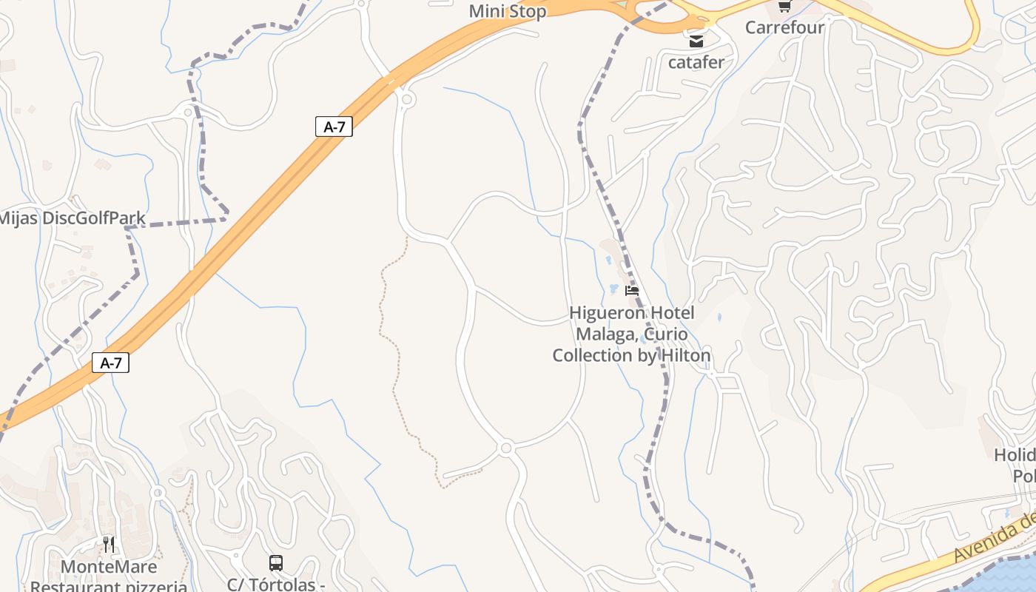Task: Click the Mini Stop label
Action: pyautogui.click(x=508, y=11)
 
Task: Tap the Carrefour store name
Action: pyautogui.click(x=784, y=27)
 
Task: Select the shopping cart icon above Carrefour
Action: pyautogui.click(x=784, y=7)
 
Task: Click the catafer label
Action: pyautogui.click(x=696, y=62)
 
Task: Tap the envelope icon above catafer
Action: pyautogui.click(x=696, y=41)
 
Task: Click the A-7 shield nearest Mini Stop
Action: pyautogui.click(x=334, y=127)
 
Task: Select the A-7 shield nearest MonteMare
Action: pyautogui.click(x=110, y=363)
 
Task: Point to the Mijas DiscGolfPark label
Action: pyautogui.click(x=72, y=218)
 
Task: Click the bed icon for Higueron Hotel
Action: pyautogui.click(x=632, y=291)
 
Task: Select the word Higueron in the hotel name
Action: pyautogui.click(x=601, y=313)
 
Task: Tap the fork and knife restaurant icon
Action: pyautogui.click(x=109, y=545)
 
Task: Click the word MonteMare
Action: pyautogui.click(x=109, y=567)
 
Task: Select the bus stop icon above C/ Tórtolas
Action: pyautogui.click(x=276, y=563)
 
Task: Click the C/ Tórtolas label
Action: pyautogui.click(x=275, y=585)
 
